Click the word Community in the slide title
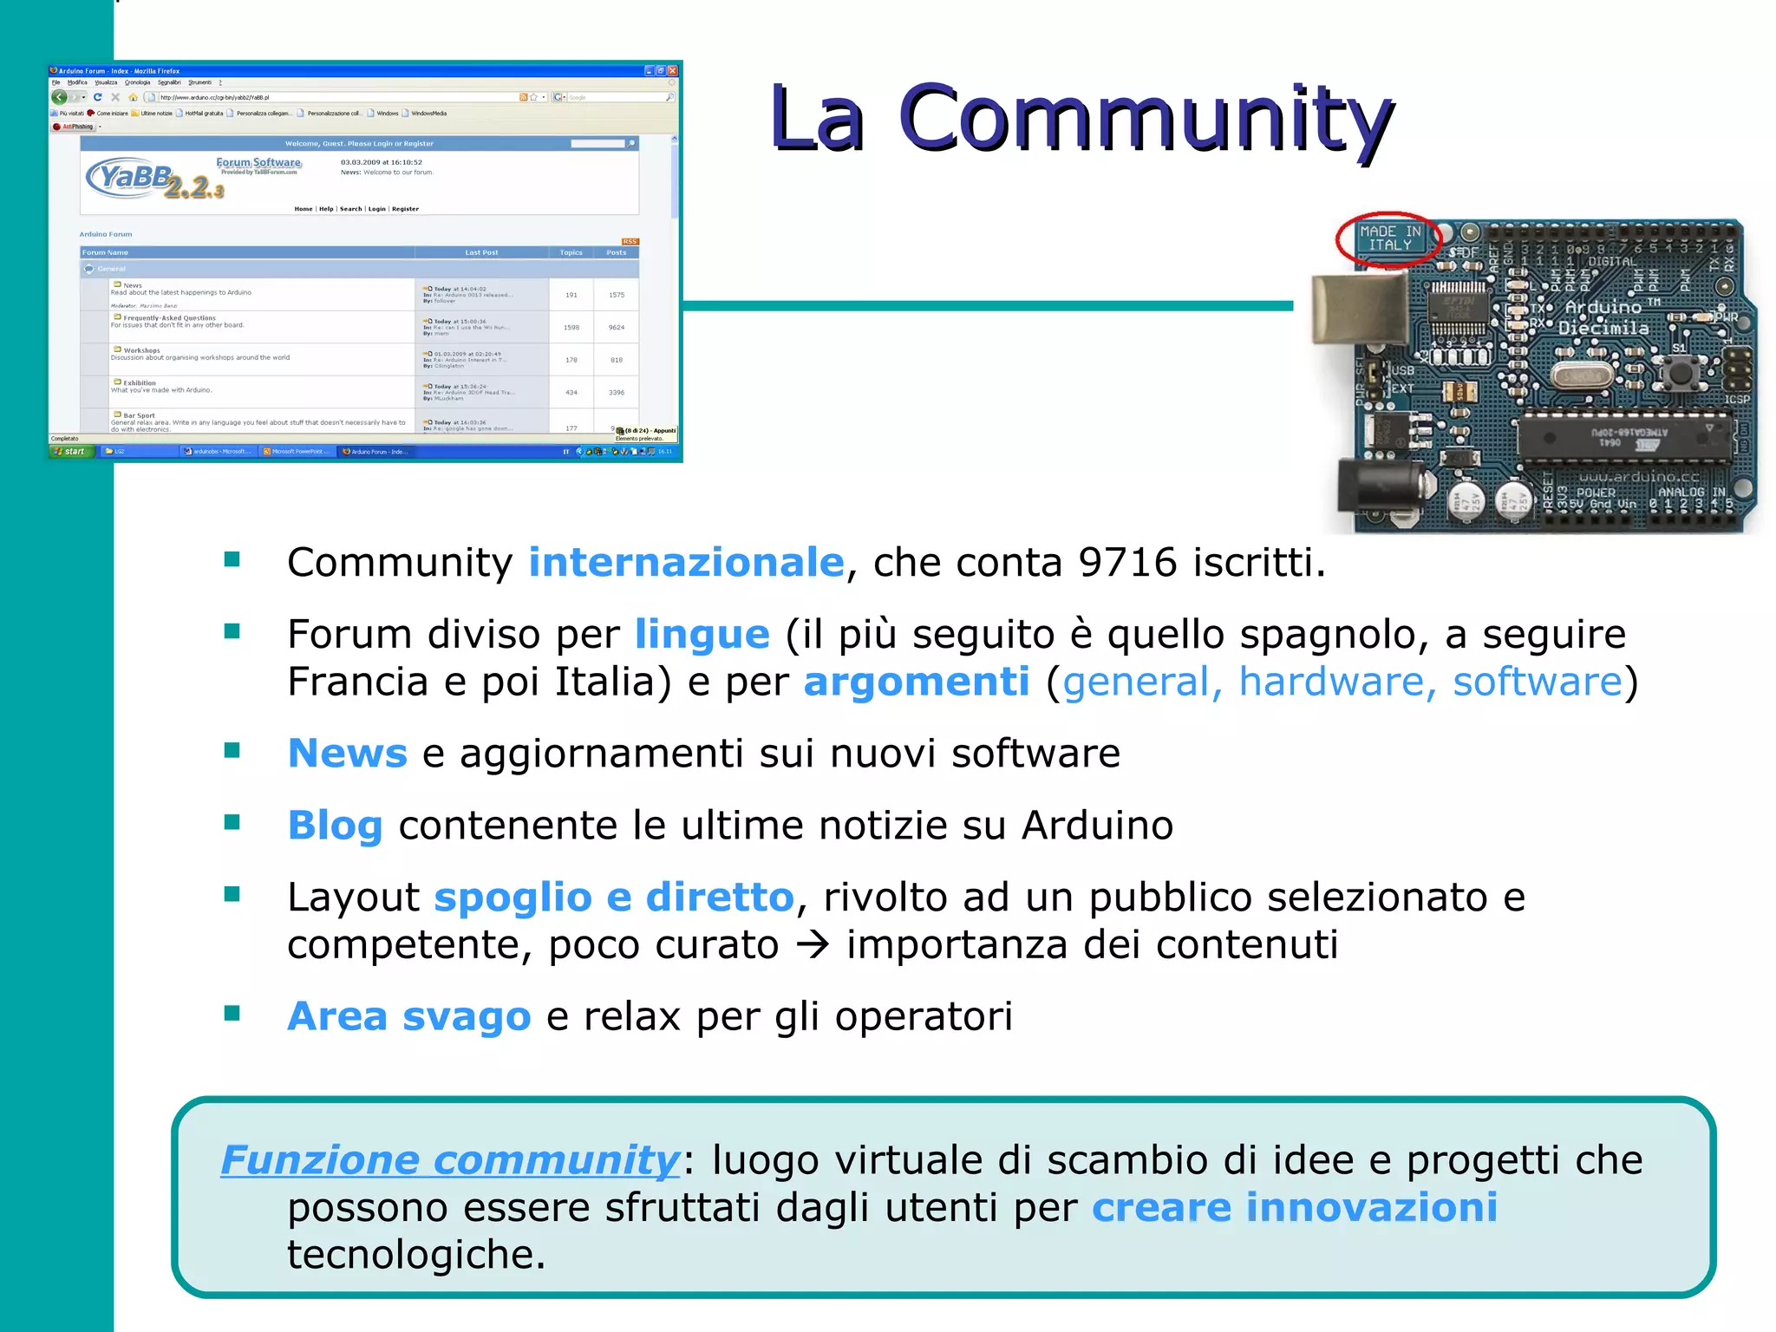coord(1145,120)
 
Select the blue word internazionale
coord(686,563)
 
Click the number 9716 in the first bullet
coord(1127,563)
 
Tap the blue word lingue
coord(702,635)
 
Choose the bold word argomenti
coord(917,682)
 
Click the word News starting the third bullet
coord(347,754)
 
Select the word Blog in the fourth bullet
coord(335,826)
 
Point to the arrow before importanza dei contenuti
coord(813,944)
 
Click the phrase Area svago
coord(408,1016)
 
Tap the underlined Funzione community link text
coord(450,1160)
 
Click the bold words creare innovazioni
coord(1294,1208)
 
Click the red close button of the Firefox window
coord(672,71)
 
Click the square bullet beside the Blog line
coord(232,822)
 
